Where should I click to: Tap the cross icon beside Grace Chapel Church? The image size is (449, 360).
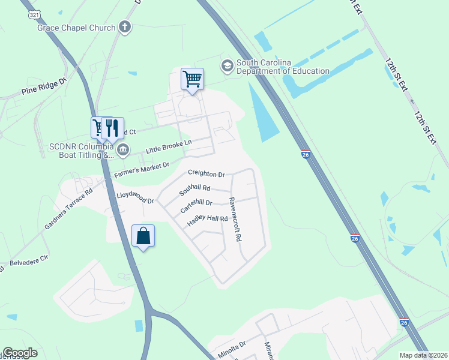click(x=125, y=26)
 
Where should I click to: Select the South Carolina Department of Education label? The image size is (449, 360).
click(x=283, y=67)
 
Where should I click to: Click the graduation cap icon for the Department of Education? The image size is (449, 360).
click(x=228, y=65)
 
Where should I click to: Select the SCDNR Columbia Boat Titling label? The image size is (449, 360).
click(x=81, y=151)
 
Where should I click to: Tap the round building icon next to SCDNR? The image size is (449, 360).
click(x=122, y=149)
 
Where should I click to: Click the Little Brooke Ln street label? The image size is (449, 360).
click(x=169, y=146)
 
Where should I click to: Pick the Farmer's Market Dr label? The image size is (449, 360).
click(x=142, y=171)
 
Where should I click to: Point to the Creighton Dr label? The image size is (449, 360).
click(x=206, y=173)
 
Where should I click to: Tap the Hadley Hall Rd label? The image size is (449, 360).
click(x=208, y=221)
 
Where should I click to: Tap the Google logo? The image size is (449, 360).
click(x=20, y=353)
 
